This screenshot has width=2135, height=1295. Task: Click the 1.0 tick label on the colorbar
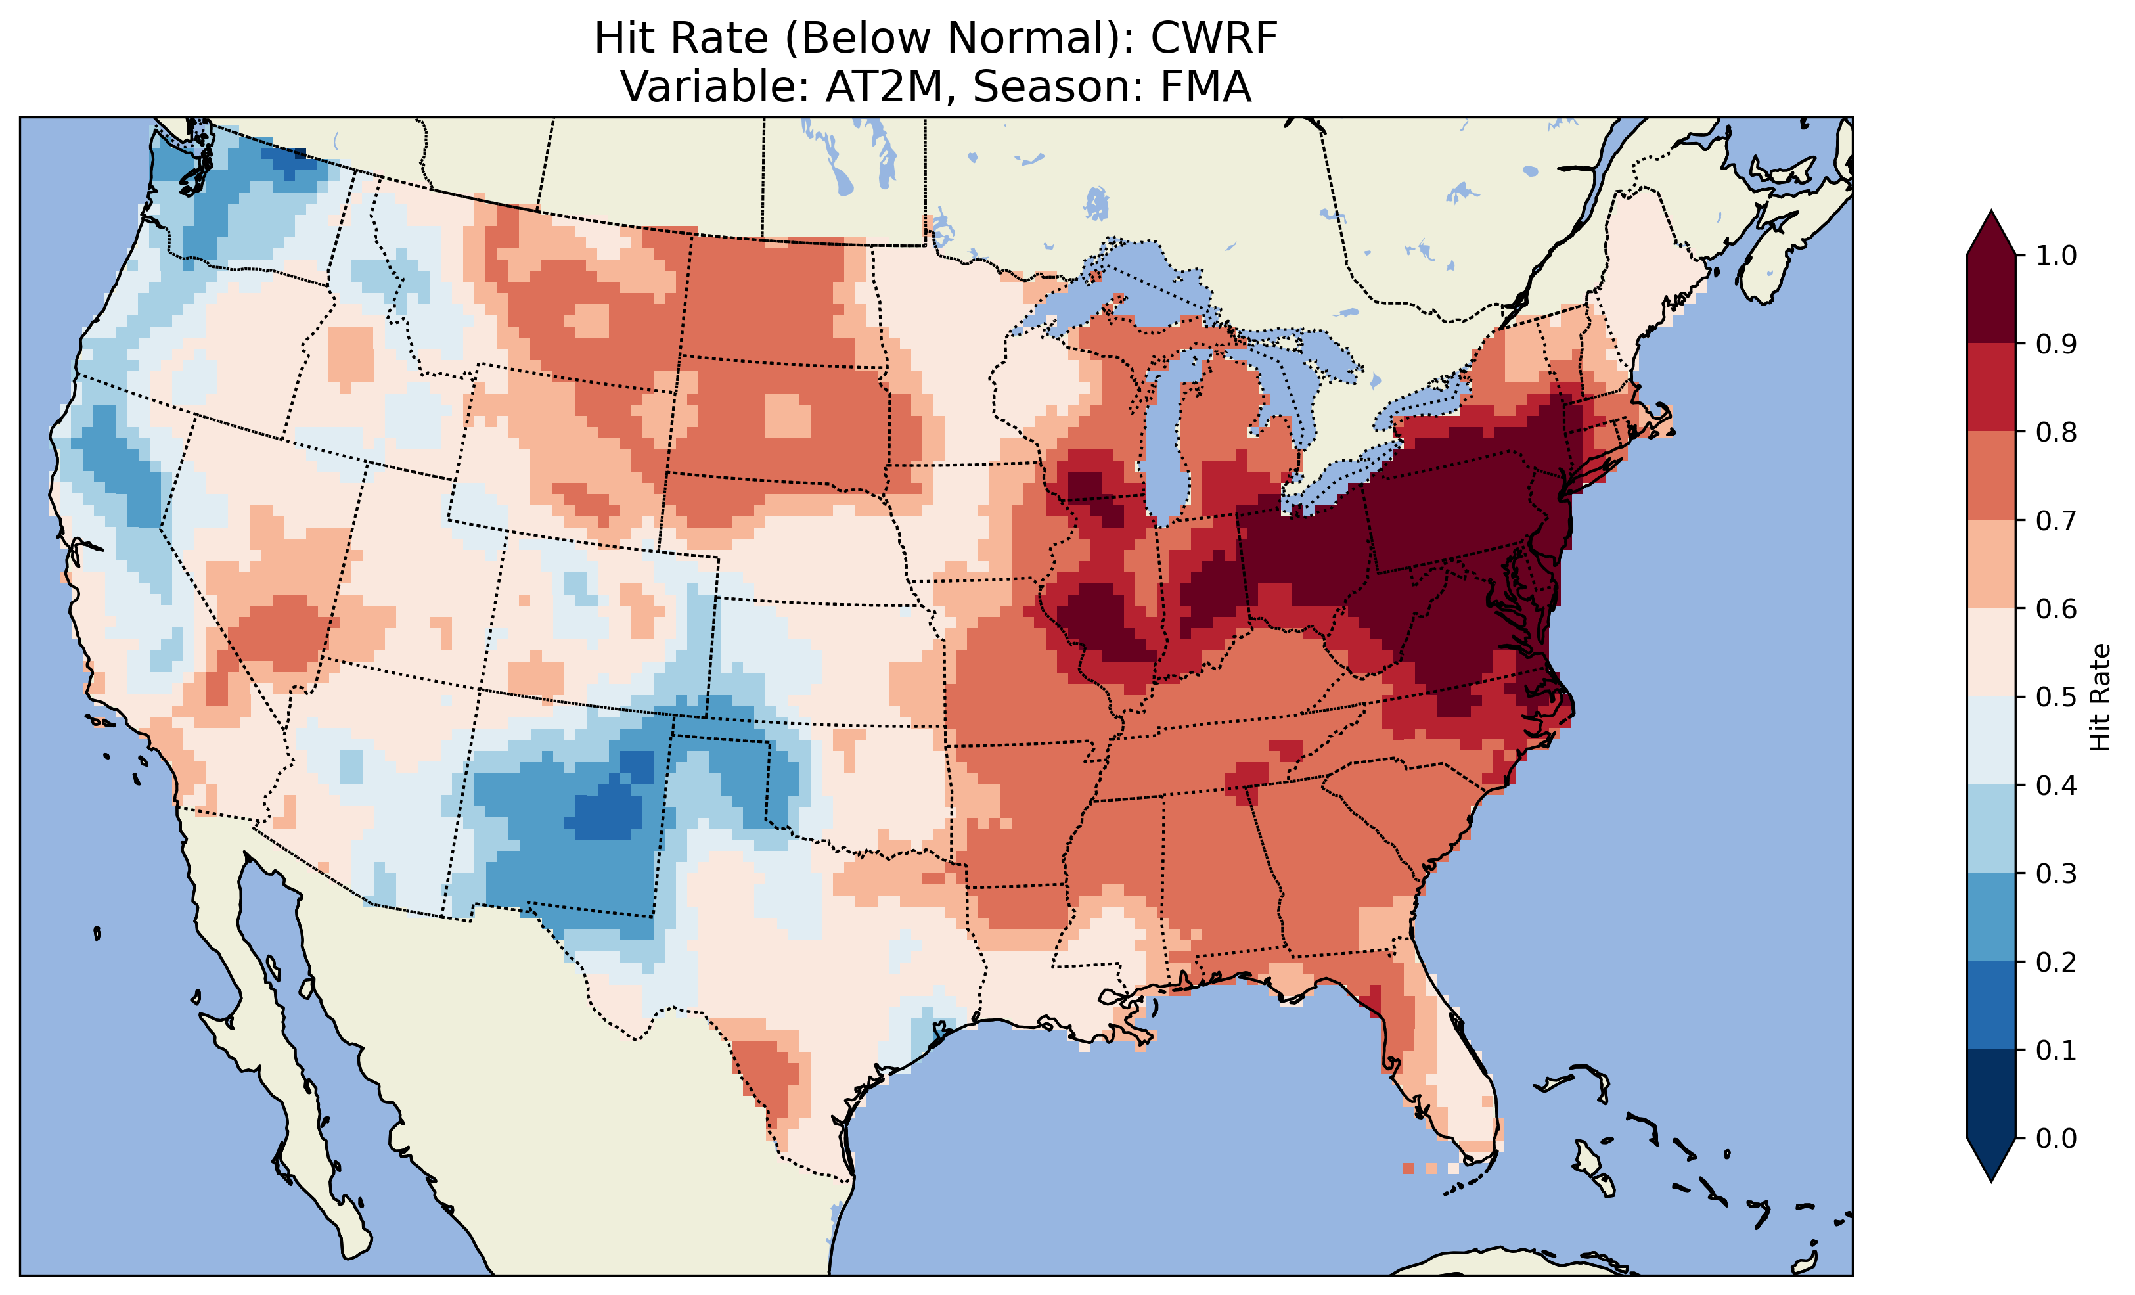click(2056, 256)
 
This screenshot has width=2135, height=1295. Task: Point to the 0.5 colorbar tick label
click(2056, 697)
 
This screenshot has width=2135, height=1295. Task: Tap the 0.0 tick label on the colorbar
click(2056, 1138)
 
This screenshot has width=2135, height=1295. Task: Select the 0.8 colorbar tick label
click(2056, 432)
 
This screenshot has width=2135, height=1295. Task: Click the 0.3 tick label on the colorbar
click(2056, 874)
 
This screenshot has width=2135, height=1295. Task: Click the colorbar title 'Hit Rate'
click(2100, 697)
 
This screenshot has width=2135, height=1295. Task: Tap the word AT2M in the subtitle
click(883, 87)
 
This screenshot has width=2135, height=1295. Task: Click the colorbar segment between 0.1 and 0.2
click(1991, 1005)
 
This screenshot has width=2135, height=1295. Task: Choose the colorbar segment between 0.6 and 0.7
click(1991, 564)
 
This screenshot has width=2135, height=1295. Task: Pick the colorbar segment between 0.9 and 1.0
click(1991, 299)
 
